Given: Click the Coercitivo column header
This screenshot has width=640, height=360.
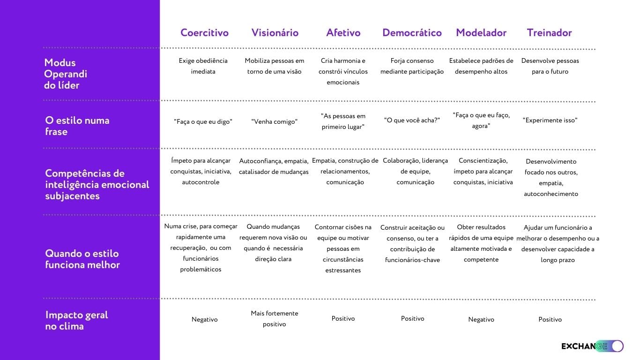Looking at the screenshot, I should click(x=204, y=33).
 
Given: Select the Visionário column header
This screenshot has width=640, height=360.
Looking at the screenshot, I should click(x=275, y=33).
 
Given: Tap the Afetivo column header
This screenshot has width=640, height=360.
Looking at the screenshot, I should click(x=343, y=33).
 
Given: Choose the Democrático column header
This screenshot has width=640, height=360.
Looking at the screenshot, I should click(x=412, y=33).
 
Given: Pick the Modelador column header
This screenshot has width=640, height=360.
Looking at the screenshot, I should click(x=481, y=33).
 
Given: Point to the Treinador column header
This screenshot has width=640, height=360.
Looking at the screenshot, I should click(x=549, y=33).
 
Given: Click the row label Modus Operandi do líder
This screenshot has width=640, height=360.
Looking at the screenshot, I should click(x=66, y=74).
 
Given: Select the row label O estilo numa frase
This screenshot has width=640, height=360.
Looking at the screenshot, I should click(x=77, y=126).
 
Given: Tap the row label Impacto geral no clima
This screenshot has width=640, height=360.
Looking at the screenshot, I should click(x=76, y=321).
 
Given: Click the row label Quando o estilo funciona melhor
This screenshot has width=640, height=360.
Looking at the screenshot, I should click(x=82, y=259).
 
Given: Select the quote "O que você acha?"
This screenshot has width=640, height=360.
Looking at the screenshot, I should click(x=412, y=120).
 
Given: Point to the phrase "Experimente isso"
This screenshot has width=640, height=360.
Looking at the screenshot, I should click(x=550, y=120).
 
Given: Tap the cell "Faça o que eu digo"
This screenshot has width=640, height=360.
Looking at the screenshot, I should click(x=203, y=122).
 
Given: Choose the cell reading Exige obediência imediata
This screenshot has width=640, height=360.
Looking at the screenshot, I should click(x=203, y=66).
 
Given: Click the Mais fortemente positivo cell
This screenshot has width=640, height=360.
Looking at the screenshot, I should click(x=274, y=319).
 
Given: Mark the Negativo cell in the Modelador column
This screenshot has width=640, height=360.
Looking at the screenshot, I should click(x=481, y=320).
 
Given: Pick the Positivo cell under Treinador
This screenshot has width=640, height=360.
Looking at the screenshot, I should click(x=550, y=320).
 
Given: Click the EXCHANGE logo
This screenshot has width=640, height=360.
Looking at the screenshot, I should click(x=592, y=346).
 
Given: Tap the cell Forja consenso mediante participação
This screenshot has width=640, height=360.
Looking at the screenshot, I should click(x=412, y=66).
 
